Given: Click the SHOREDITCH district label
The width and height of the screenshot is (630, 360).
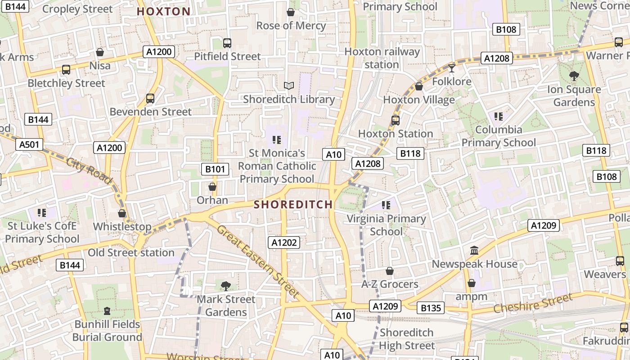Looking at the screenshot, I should coord(293,204).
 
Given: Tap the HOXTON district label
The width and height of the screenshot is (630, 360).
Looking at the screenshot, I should coord(163,12).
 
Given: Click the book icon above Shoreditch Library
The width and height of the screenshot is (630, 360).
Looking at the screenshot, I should coord(288,85).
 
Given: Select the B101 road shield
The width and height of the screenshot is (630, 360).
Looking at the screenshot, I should coord(215,169).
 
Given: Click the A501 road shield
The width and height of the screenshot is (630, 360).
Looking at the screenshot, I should coord(29,144).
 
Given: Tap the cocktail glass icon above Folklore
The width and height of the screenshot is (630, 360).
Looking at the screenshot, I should coord(452,68).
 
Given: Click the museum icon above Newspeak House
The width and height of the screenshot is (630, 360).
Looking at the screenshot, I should coord(474,250).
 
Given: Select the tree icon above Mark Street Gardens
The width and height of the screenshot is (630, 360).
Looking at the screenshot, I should coord(226,286).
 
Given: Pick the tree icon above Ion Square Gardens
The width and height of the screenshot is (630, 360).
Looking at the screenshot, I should coord(574,76).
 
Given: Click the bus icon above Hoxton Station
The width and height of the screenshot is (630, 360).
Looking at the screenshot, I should coord(395,120).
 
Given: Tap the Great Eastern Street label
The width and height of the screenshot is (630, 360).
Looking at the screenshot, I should coord(258,261).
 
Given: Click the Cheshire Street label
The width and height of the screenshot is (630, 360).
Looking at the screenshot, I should coord(533,303).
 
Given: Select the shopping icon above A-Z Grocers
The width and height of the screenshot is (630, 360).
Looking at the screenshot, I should coord(390,271).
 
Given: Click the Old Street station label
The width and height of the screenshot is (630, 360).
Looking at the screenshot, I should coord(131,252).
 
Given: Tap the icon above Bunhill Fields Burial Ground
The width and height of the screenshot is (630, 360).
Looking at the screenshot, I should coord(107,310).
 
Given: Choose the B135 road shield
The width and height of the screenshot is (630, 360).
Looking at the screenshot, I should coord(431,308).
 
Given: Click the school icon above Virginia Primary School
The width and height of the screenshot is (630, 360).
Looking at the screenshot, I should coord(386,205).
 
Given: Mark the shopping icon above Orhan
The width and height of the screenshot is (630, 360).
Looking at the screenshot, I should coord(212,187).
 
